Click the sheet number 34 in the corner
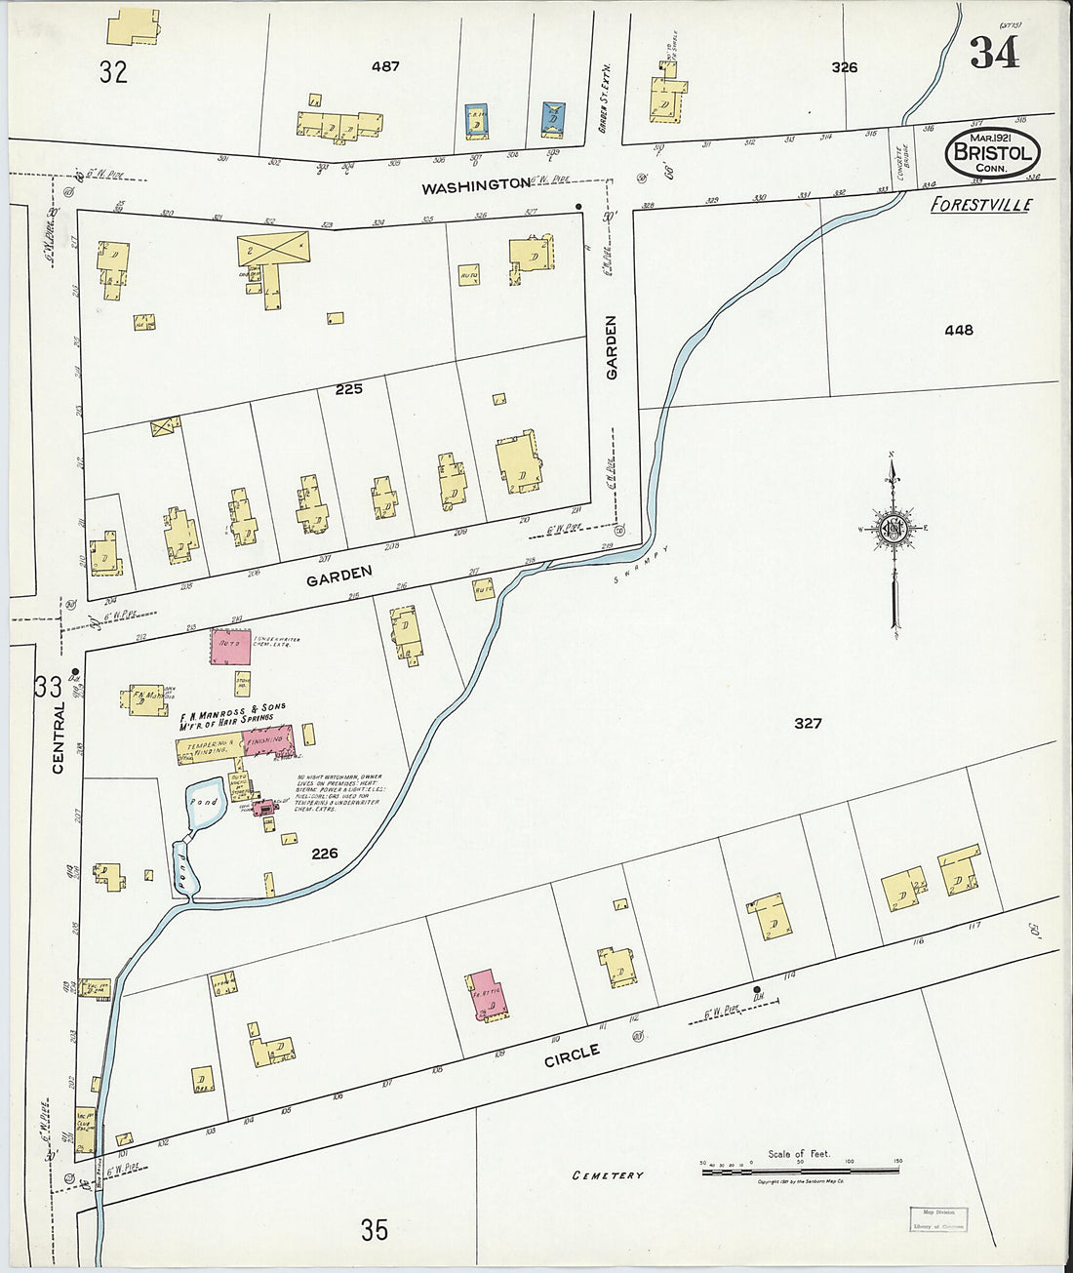[995, 52]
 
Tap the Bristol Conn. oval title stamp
[992, 153]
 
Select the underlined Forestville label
[980, 205]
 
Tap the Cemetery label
[608, 1175]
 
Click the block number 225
[348, 388]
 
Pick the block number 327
[808, 723]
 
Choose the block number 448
[958, 330]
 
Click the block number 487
[385, 66]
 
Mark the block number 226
[324, 854]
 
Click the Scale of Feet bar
[800, 1168]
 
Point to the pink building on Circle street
[485, 996]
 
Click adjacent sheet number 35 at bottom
[374, 1230]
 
